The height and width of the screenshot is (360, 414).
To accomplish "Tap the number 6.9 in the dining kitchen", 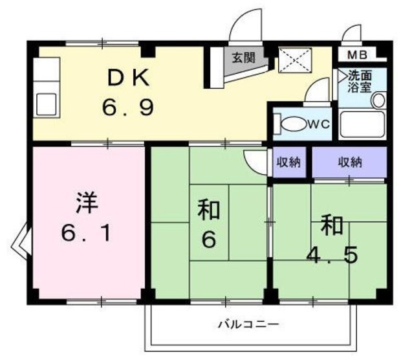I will (127, 106).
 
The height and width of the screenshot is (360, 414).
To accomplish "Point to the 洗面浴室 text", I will (360, 81).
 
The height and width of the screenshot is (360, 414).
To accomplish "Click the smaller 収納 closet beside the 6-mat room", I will (289, 163).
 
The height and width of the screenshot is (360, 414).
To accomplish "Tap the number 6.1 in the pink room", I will (86, 232).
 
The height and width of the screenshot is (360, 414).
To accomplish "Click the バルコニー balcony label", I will (248, 324).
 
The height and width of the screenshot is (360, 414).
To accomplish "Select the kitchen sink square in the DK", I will (47, 103).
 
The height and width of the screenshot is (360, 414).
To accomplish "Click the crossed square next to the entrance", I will (295, 61).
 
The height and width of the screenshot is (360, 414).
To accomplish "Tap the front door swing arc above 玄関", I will (246, 26).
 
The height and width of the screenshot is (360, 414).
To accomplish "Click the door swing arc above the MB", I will (354, 34).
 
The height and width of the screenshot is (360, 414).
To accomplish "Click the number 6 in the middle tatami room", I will (208, 240).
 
